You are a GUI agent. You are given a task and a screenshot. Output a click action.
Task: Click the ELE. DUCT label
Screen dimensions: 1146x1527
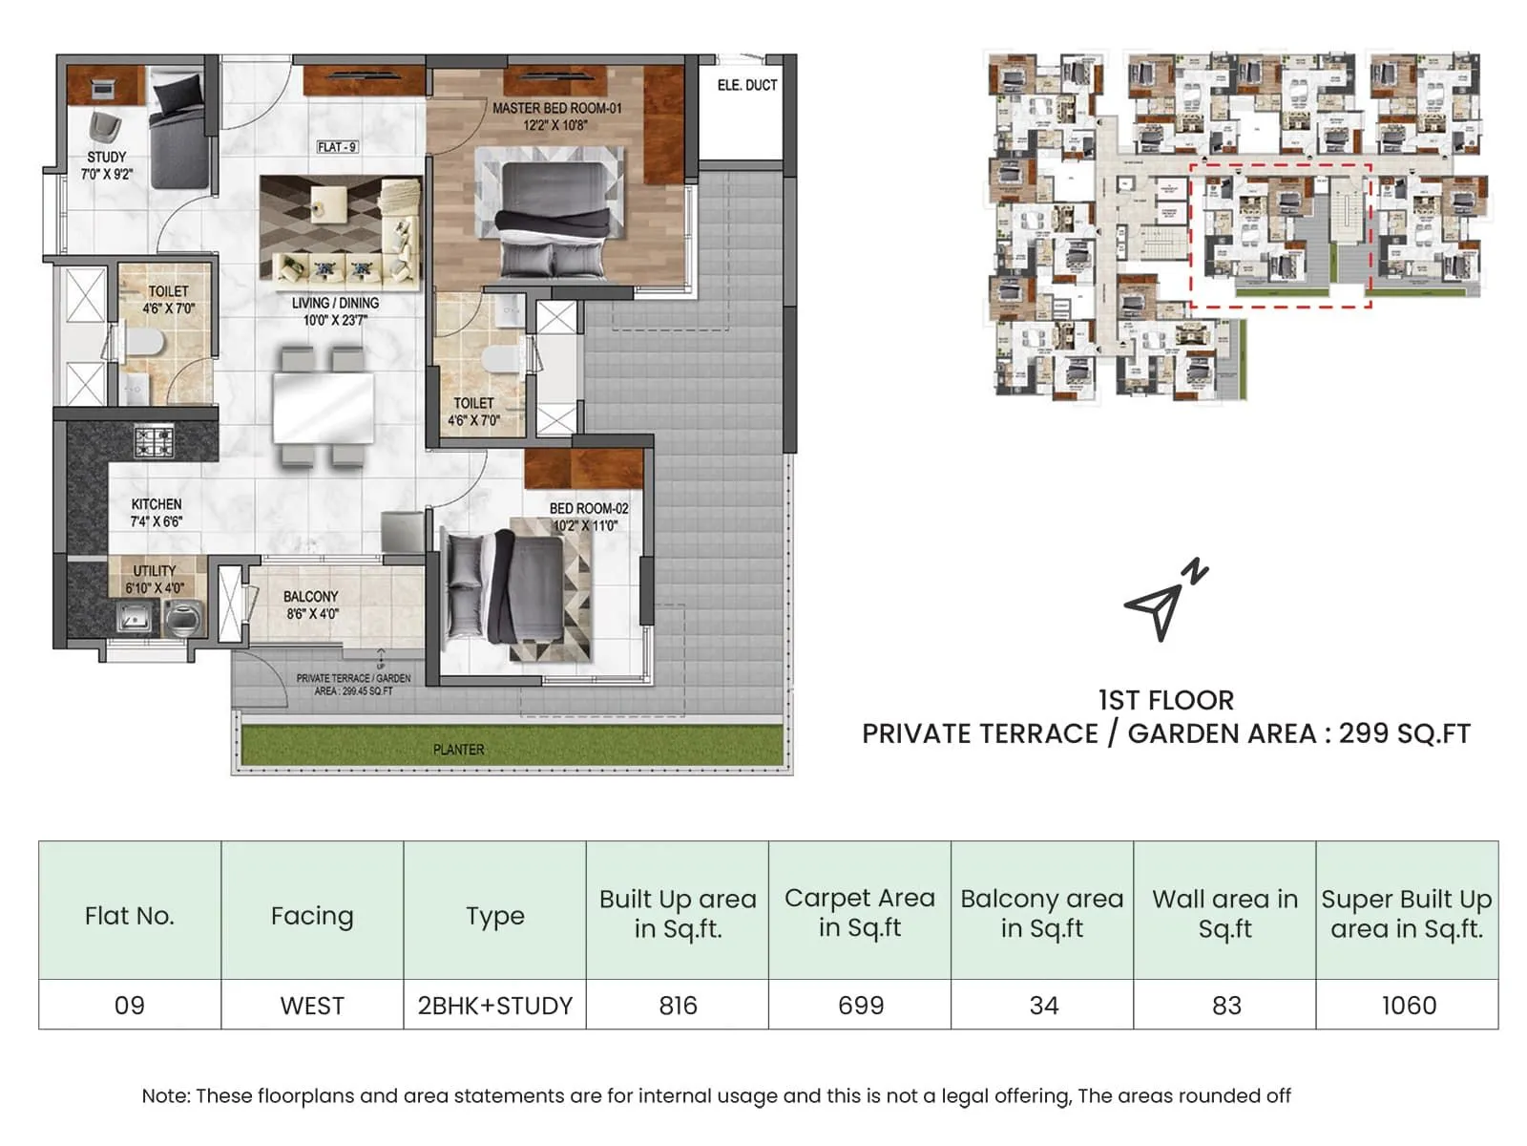click(x=746, y=85)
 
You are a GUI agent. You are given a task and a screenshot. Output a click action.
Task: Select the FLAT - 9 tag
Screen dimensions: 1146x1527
click(x=337, y=147)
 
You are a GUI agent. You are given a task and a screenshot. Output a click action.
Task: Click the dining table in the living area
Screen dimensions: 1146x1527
click(x=323, y=408)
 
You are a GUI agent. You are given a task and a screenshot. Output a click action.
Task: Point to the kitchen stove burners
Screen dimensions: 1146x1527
click(x=153, y=441)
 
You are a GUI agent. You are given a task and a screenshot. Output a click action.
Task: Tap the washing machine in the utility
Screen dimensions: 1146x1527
click(x=184, y=619)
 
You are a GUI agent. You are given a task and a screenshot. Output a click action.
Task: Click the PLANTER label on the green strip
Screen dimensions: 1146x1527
click(x=458, y=750)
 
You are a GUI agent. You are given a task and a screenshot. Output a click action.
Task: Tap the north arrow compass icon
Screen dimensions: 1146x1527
click(x=1162, y=601)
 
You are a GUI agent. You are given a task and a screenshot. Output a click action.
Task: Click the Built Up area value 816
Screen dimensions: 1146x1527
click(x=678, y=1006)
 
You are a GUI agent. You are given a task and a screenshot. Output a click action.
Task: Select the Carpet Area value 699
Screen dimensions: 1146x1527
click(x=860, y=1006)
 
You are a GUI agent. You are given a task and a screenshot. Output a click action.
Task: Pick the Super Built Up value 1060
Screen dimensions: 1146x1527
click(x=1408, y=1006)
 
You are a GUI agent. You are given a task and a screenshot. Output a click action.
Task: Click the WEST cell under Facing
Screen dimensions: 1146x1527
click(x=312, y=1006)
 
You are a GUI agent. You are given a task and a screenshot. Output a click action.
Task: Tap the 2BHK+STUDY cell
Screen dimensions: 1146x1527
click(x=494, y=1006)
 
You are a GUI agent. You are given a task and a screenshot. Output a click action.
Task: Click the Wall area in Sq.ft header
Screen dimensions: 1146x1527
click(x=1224, y=913)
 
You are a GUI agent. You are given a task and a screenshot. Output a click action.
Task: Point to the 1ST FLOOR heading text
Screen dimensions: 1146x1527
click(x=1165, y=700)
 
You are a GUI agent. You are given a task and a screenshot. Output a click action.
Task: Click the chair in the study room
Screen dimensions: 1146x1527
click(x=104, y=127)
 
